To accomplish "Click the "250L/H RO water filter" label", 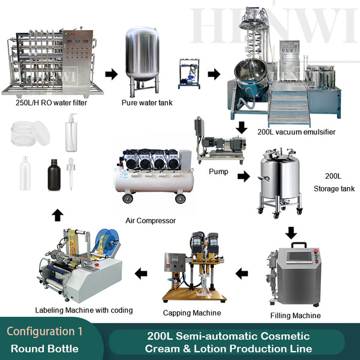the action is click(x=51, y=103).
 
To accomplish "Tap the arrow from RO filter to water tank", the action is click(x=112, y=74).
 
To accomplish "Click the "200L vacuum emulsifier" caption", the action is click(x=296, y=132).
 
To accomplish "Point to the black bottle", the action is click(x=54, y=175).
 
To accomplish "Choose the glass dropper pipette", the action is click(x=71, y=174).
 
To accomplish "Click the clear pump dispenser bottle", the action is click(x=71, y=133).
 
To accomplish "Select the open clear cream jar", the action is click(x=31, y=134).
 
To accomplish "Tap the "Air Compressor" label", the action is click(x=151, y=221).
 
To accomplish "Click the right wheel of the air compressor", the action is click(x=180, y=199).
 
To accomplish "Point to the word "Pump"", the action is click(x=218, y=172).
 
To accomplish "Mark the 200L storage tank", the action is click(x=280, y=183).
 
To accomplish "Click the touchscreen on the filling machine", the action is click(x=299, y=257).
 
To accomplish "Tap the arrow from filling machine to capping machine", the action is click(x=242, y=274).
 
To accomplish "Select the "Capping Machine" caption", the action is click(x=192, y=313).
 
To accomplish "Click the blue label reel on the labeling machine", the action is click(x=107, y=242).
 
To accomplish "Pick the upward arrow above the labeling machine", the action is click(x=58, y=215).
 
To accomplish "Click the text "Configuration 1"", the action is click(x=44, y=331).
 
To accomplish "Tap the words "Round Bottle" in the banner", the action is click(x=44, y=349).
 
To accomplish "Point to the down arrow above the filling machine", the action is click(x=291, y=233).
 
